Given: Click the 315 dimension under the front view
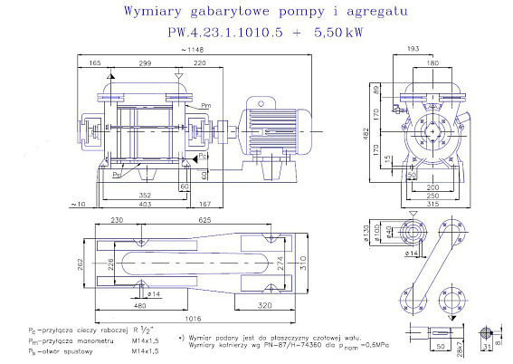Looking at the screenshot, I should point(432,205).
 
